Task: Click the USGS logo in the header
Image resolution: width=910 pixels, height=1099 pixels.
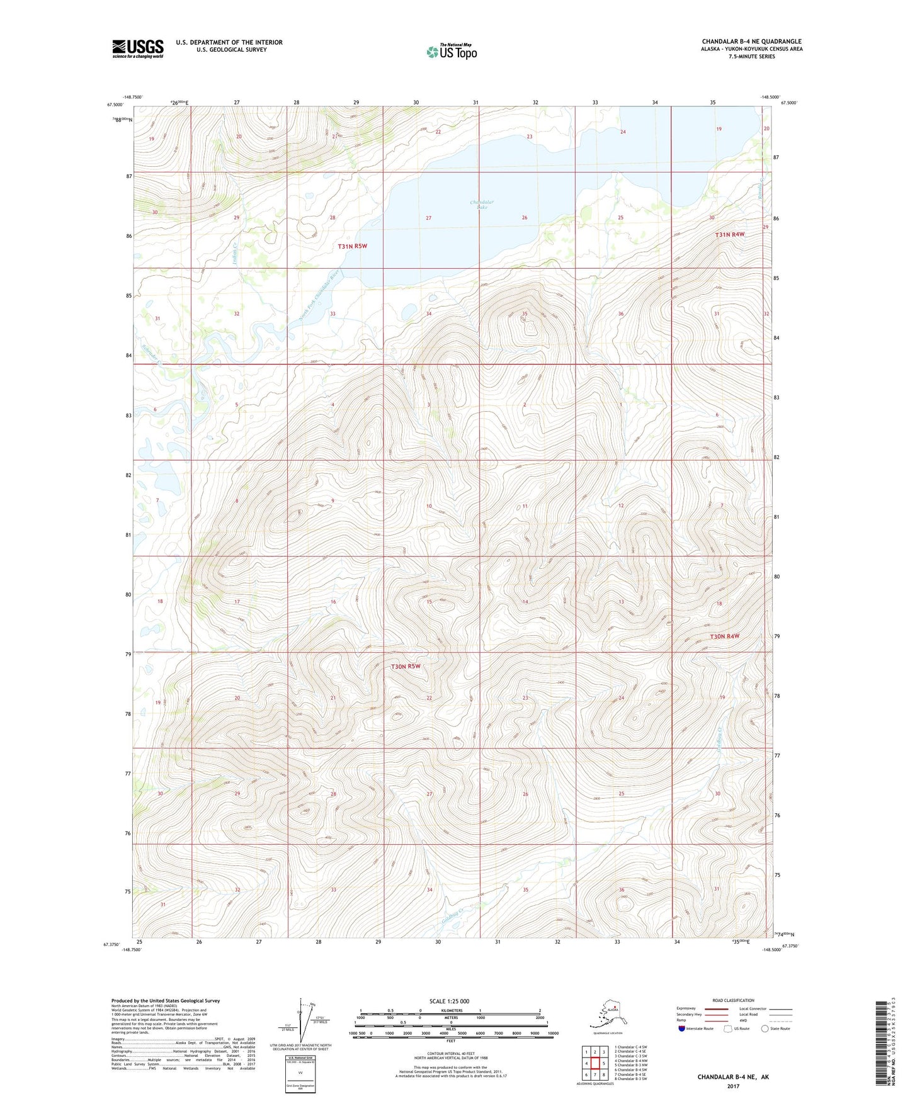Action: [x=137, y=48]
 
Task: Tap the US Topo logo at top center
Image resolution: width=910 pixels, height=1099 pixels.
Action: [x=451, y=51]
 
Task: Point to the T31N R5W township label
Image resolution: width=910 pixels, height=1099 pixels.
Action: [x=352, y=246]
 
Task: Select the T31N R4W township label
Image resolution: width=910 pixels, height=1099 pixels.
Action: [x=729, y=234]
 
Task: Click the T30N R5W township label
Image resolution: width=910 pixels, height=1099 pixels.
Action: [x=405, y=666]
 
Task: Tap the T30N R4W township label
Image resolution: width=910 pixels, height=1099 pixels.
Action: [x=724, y=636]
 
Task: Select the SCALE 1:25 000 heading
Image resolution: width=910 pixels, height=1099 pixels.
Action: [x=450, y=1001]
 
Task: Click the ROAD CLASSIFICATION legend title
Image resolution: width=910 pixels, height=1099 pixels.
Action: [x=732, y=1000]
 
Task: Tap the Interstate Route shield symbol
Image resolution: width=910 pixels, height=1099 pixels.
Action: [x=681, y=1029]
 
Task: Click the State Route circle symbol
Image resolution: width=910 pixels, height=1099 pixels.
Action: [x=765, y=1029]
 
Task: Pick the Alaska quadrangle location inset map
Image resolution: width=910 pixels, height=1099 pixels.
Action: [x=607, y=1015]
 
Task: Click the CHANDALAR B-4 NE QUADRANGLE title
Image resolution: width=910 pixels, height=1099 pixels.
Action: [x=751, y=42]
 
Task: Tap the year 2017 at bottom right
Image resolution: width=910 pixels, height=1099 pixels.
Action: [x=732, y=1086]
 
